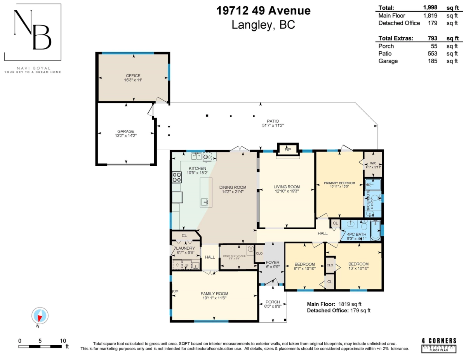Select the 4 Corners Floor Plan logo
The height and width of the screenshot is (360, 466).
[x=439, y=345]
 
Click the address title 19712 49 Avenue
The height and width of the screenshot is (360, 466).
[x=263, y=11]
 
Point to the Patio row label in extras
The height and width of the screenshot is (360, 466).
[x=384, y=54]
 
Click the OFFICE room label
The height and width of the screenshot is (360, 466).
[x=133, y=76]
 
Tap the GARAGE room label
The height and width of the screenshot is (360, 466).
[x=125, y=131]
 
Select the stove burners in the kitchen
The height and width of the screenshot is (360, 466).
[x=177, y=177]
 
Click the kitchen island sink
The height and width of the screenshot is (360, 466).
[x=205, y=202]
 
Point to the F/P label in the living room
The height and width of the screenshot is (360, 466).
[x=288, y=150]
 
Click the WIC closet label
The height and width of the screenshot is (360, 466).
[x=373, y=163]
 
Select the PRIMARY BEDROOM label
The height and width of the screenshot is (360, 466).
[x=339, y=183]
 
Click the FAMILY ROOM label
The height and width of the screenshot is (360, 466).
[x=214, y=294]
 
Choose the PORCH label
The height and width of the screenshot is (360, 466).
[x=272, y=302]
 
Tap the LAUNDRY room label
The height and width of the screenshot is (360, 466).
[x=185, y=248]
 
